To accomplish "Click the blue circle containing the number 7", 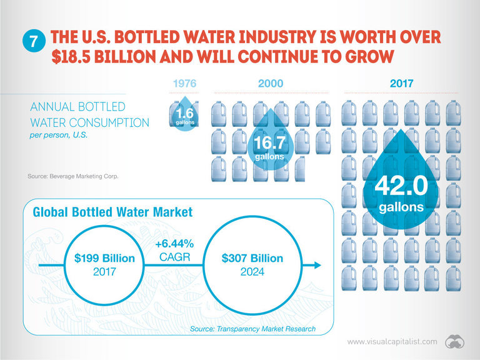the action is click(34, 41).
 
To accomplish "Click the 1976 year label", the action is click(184, 83).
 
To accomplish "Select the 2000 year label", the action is click(271, 83).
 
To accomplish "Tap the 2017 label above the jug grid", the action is click(401, 83).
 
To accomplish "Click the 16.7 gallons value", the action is click(269, 142).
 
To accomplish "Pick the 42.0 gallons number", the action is click(401, 186).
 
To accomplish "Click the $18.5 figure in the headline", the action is click(71, 57).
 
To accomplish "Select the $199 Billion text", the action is click(104, 258).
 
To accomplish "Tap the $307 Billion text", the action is click(252, 258).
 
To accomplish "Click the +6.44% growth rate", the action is click(174, 244).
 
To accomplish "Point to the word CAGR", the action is click(175, 257).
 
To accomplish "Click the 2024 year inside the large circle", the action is click(252, 271).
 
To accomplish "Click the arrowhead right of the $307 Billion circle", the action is click(317, 265).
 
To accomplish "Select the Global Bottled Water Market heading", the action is click(112, 212).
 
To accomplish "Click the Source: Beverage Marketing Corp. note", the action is click(73, 176).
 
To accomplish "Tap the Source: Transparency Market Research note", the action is click(253, 329).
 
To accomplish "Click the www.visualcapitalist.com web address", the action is click(392, 342).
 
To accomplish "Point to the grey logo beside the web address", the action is click(455, 342).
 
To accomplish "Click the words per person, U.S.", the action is click(59, 135).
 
